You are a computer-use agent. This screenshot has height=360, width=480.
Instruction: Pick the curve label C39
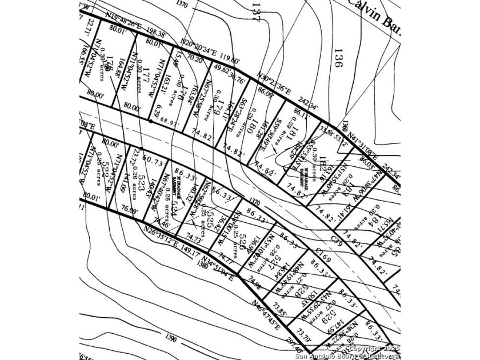338,243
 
